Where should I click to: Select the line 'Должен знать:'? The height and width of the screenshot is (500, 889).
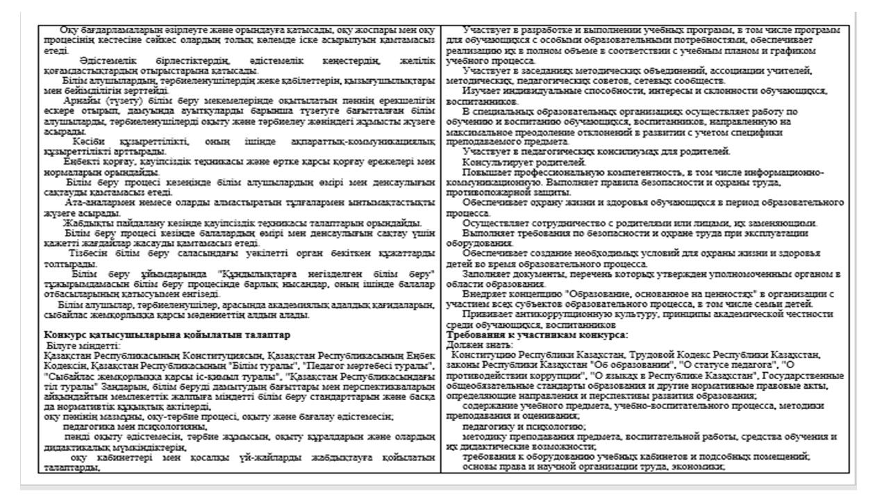473,344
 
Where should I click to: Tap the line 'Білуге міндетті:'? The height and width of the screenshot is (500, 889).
84,344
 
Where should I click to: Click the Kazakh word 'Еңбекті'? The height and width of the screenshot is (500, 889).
78,162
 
